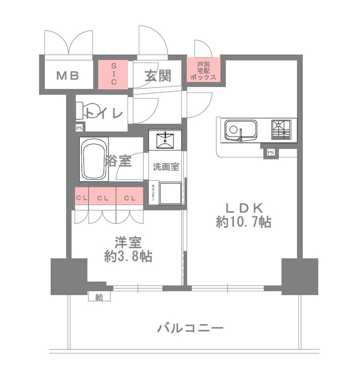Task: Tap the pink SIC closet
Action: click(x=113, y=74)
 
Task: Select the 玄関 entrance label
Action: click(x=158, y=76)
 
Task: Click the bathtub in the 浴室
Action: click(x=94, y=160)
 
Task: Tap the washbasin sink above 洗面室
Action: click(x=165, y=139)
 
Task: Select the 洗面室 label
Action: click(x=165, y=167)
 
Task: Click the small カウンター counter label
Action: click(x=153, y=194)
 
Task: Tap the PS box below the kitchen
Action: click(x=270, y=153)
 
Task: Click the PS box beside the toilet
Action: click(x=79, y=128)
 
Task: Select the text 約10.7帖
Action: click(x=244, y=222)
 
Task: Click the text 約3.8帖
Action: click(x=128, y=256)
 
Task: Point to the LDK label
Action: click(x=244, y=207)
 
